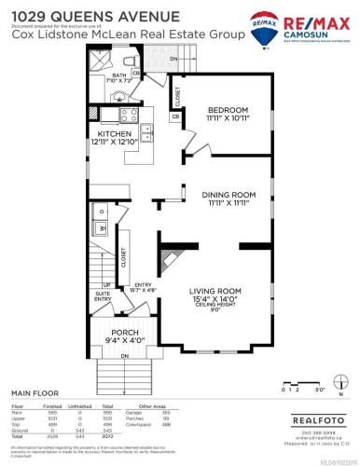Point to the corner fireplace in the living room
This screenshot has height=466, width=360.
coord(164,256)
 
